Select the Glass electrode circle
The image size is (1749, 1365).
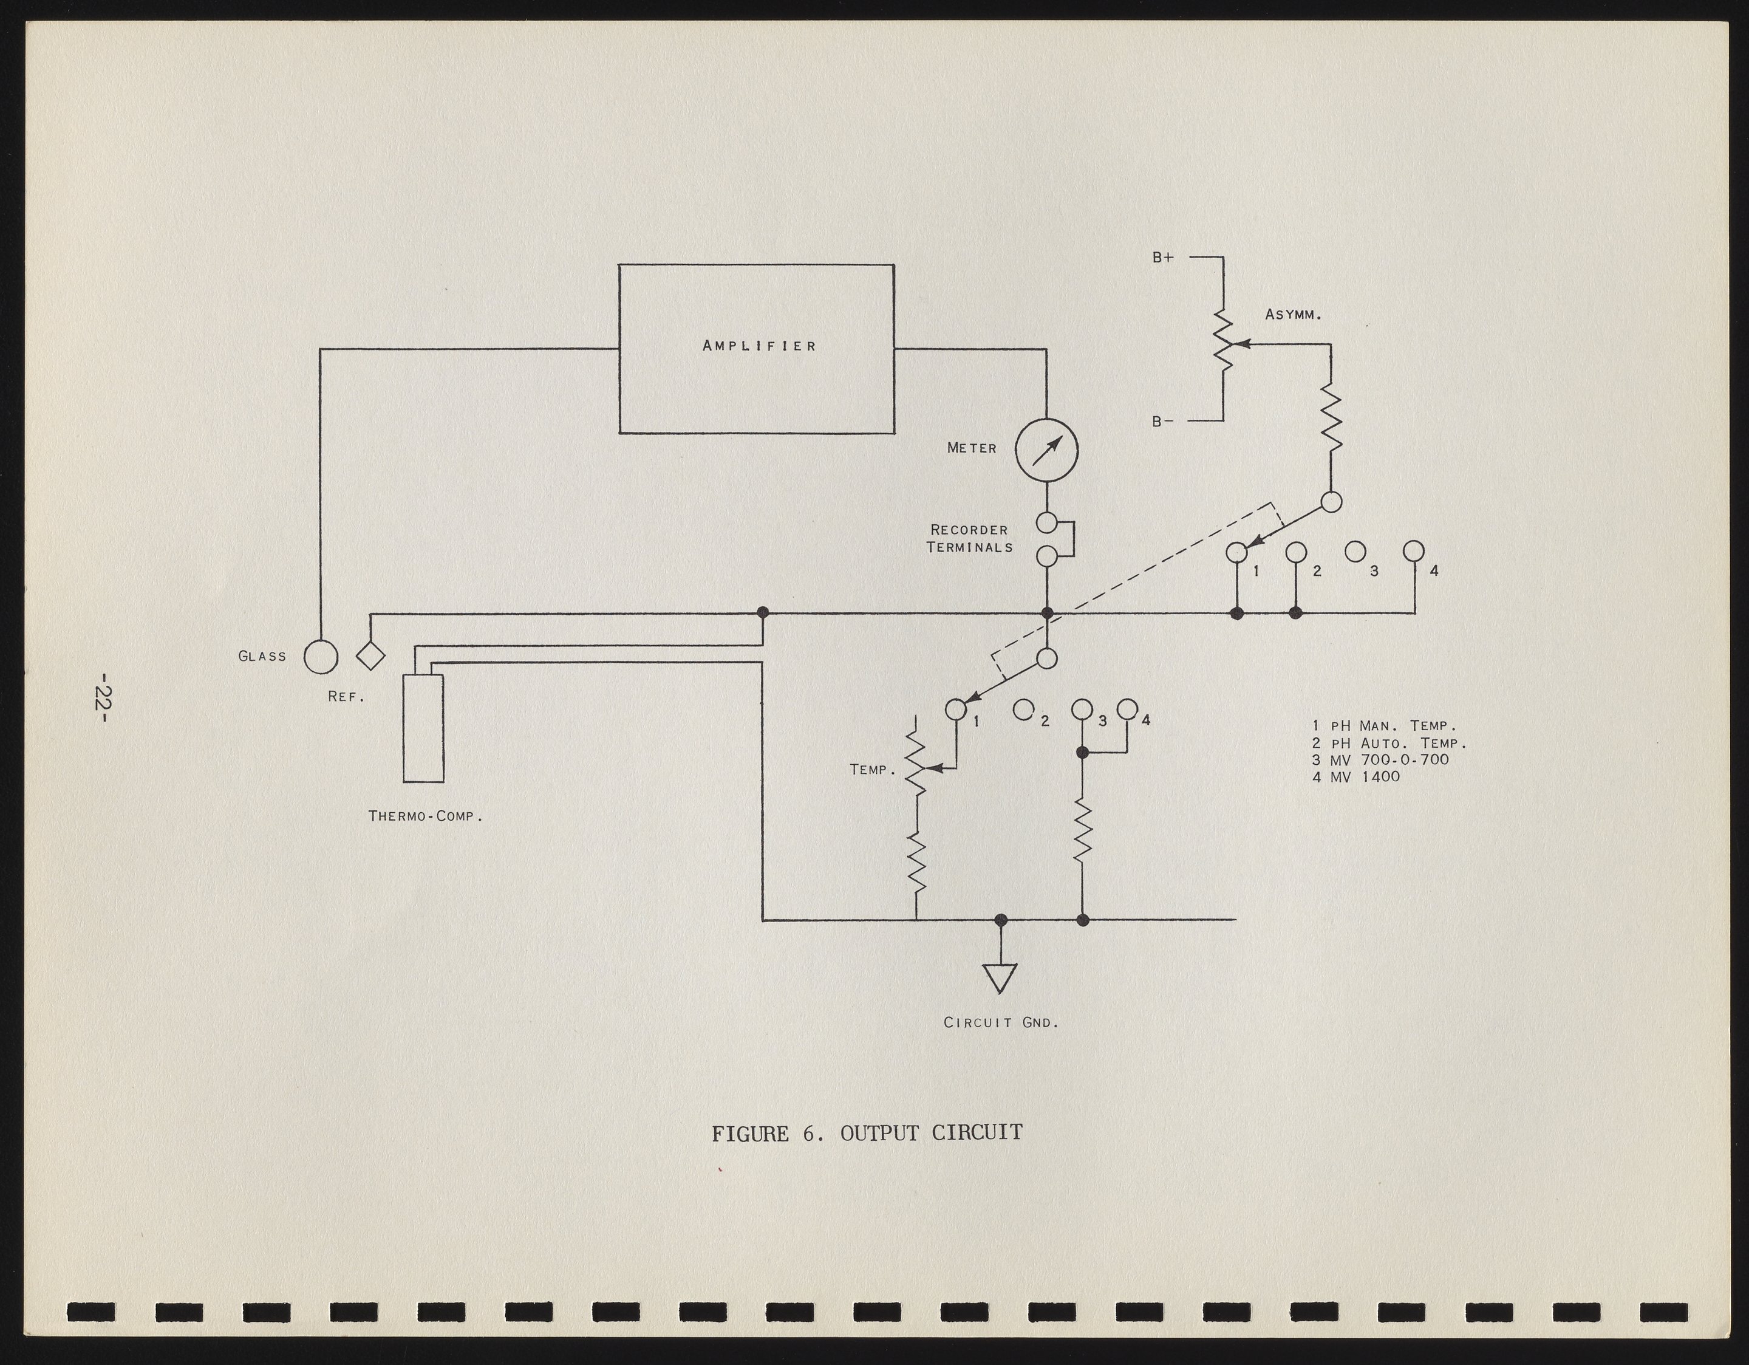coord(320,657)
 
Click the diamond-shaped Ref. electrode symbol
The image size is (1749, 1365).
coord(371,656)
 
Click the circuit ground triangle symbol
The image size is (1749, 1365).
coord(1000,976)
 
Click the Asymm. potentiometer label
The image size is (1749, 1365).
coord(1292,315)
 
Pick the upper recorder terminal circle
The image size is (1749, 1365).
coord(1046,523)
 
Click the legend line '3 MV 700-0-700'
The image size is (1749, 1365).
coord(1380,759)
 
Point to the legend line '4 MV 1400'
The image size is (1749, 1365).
coord(1356,776)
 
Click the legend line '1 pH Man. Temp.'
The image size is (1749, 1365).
coord(1383,726)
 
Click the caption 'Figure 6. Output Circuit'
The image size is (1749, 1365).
coord(867,1133)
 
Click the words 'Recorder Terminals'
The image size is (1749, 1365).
coord(969,539)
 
